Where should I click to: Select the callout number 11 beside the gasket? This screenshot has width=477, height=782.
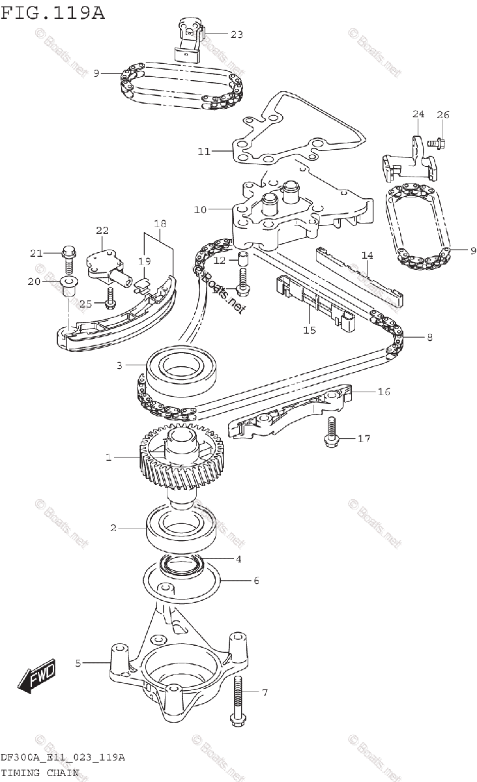(204, 151)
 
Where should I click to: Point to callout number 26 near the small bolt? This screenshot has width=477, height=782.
(442, 115)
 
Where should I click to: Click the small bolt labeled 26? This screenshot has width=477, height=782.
(437, 139)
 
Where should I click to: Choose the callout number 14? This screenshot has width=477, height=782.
(367, 255)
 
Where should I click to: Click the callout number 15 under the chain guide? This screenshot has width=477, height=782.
(309, 330)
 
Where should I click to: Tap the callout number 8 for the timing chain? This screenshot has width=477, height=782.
(429, 337)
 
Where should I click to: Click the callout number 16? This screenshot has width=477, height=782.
(384, 392)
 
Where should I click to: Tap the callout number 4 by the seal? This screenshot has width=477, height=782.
(238, 558)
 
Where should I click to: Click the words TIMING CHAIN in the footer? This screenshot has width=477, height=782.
(40, 773)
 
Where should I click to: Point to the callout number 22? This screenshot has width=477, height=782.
(102, 230)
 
